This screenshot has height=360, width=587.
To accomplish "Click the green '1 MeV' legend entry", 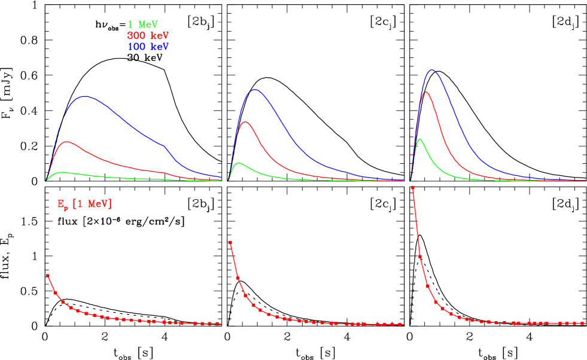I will coord(142,25).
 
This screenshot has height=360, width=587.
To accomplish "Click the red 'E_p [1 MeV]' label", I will coord(84,205).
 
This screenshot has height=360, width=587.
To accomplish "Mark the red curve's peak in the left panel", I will coord(68,142).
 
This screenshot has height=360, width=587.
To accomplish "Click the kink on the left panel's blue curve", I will coord(164,145).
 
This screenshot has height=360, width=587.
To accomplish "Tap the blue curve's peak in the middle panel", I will coord(256,90).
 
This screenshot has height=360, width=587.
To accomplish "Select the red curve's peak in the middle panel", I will coord(245,121).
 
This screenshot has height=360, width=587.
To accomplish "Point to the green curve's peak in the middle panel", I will coord(239,163).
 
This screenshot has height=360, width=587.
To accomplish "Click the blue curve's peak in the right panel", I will coord(431,70).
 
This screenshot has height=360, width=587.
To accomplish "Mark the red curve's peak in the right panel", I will coord(425,92).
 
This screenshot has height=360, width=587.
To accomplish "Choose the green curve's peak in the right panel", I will coord(420,139).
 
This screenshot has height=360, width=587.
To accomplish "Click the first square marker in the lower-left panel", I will coord(48,276).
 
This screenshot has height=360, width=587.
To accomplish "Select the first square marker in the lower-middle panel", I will coord(230,243).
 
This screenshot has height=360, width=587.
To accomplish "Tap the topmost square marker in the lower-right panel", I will coord(413,188).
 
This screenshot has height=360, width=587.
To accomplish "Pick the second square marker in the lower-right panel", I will coord(420,256).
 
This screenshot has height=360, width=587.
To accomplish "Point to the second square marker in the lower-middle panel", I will coord(238,278).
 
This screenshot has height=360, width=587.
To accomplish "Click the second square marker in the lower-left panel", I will coord(55,293).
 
